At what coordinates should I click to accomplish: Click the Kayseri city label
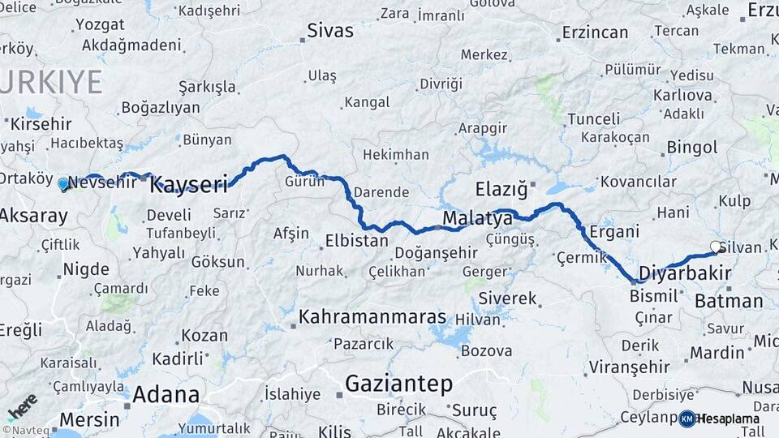click(x=189, y=184)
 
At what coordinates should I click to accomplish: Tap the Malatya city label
click(x=477, y=218)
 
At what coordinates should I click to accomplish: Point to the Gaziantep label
click(x=398, y=383)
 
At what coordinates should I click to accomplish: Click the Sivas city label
click(x=330, y=32)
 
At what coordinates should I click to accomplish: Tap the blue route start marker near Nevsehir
click(x=63, y=184)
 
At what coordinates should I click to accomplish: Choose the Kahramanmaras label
click(x=372, y=316)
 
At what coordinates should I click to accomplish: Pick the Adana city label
click(x=166, y=395)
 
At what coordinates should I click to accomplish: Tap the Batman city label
click(x=728, y=302)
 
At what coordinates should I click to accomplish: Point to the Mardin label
click(x=717, y=353)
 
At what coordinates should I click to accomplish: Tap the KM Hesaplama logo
click(x=719, y=419)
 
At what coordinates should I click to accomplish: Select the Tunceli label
click(x=593, y=119)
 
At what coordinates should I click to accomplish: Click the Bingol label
click(x=691, y=148)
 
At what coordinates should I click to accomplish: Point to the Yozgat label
click(x=100, y=24)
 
